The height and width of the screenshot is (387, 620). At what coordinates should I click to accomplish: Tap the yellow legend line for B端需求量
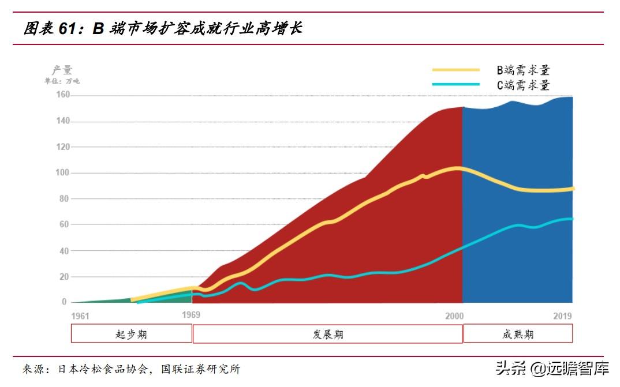click(456, 70)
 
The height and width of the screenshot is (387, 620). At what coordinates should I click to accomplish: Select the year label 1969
click(191, 315)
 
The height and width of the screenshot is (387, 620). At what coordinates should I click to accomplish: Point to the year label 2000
click(455, 315)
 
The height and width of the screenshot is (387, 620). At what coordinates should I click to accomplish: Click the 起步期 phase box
click(132, 334)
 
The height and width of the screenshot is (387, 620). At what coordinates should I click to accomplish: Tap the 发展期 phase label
click(327, 334)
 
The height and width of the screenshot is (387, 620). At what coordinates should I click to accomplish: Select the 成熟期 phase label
click(518, 334)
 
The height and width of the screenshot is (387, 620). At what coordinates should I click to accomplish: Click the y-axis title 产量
click(62, 70)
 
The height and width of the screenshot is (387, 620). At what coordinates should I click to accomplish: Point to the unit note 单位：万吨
click(62, 81)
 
